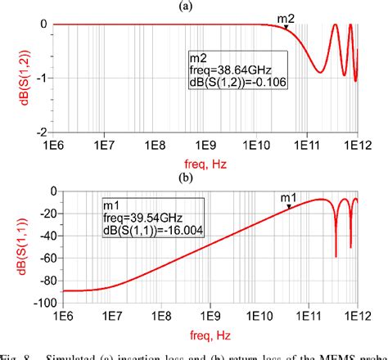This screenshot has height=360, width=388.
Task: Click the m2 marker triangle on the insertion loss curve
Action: [x=286, y=27]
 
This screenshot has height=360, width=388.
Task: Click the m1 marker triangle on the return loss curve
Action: [x=288, y=207]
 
